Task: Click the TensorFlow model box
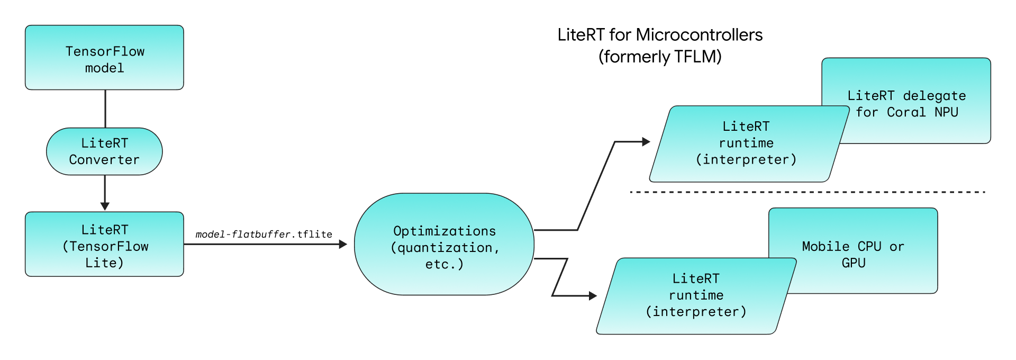(x=104, y=58)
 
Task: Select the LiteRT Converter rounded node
(x=104, y=151)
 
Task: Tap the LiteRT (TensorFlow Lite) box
(x=104, y=244)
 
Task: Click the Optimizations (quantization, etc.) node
(x=444, y=244)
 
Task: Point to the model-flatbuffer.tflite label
(x=264, y=234)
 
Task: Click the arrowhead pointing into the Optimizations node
(x=343, y=244)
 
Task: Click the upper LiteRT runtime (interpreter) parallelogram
(x=746, y=143)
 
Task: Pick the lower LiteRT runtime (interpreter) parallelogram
(x=696, y=296)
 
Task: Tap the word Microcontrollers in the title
(x=699, y=35)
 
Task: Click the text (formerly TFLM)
(x=660, y=57)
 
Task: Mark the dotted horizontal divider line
(x=808, y=192)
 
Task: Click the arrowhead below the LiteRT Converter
(x=105, y=206)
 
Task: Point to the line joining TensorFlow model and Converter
(x=105, y=109)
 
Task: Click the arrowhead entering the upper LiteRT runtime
(x=646, y=142)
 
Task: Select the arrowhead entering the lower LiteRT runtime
(x=593, y=296)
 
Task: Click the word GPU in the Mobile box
(x=854, y=263)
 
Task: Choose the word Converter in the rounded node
(x=104, y=160)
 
